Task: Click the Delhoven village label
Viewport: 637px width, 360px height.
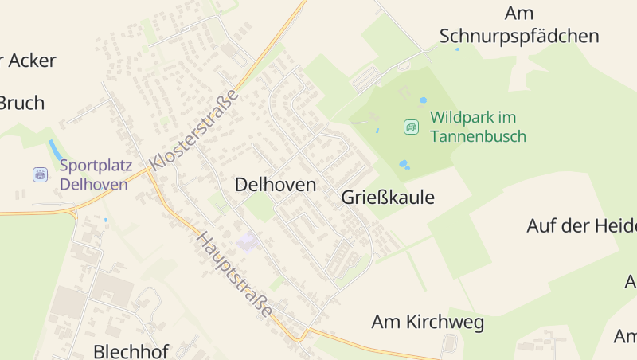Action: coord(275,185)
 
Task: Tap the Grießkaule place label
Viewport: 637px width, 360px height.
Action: coord(388,198)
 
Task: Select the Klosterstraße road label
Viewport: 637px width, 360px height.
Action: coord(194,128)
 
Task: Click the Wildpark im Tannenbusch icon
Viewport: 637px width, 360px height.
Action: coord(411,127)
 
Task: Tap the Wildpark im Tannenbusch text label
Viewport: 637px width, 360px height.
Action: coord(478,127)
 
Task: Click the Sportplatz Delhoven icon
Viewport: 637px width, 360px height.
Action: coord(40,174)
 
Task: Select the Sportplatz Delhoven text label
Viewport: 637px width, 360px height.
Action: coord(93,175)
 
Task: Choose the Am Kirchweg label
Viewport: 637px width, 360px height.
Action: coord(428,322)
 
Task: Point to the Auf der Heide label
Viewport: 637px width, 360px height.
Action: coord(580,225)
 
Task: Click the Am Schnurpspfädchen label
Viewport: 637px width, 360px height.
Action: coord(518,25)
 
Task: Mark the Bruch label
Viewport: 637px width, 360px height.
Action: coord(21,103)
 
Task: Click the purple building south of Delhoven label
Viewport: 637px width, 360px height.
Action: coord(248,241)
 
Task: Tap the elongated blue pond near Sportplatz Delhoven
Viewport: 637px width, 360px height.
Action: coord(56,150)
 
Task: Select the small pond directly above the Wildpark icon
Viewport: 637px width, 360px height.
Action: coord(423,100)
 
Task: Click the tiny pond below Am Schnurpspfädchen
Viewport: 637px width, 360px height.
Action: coord(457,49)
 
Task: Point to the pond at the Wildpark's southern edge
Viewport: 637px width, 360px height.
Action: coord(404,164)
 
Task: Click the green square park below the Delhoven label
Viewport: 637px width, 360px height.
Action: coord(259,209)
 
